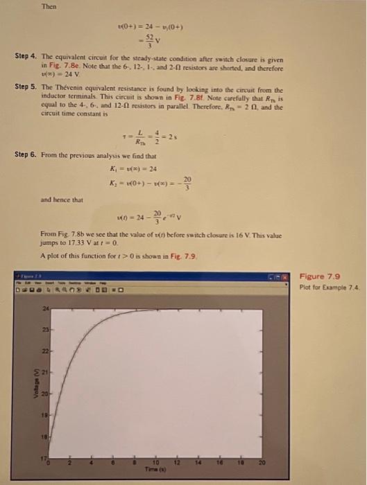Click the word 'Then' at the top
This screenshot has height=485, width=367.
48,7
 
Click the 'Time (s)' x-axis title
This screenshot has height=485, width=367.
155,468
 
